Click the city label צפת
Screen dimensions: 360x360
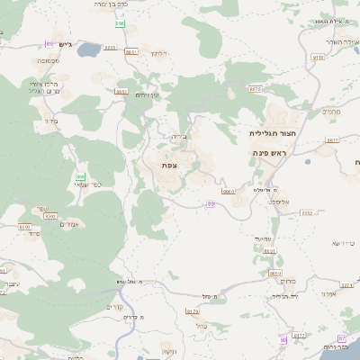click(168, 166)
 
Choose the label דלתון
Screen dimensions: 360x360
click(160, 53)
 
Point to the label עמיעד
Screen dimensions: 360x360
click(263, 238)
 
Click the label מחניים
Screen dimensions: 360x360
click(331, 112)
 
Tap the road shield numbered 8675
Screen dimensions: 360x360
click(255, 89)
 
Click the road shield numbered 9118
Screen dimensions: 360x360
click(317, 57)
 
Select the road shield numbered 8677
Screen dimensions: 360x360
click(332, 139)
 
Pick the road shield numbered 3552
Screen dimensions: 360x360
click(307, 213)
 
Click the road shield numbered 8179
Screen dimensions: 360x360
click(192, 311)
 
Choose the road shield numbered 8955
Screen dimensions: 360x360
click(110, 48)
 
